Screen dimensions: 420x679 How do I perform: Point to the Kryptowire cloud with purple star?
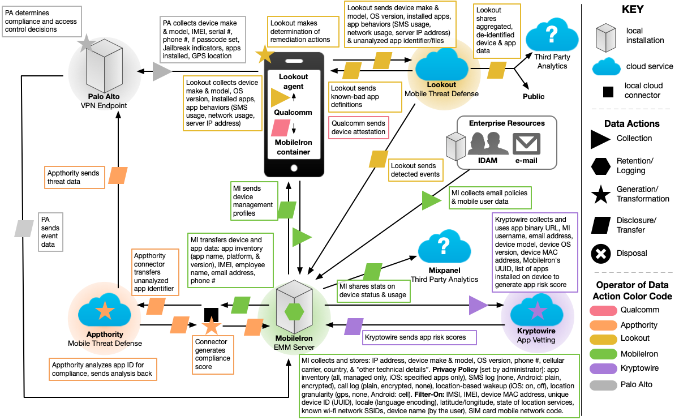(x=536, y=311)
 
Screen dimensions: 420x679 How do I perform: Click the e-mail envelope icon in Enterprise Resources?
(x=526, y=144)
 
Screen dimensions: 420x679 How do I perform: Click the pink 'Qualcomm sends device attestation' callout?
(x=358, y=127)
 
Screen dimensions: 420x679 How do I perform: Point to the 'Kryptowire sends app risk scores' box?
(x=419, y=337)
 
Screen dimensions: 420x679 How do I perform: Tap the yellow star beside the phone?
(x=263, y=54)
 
